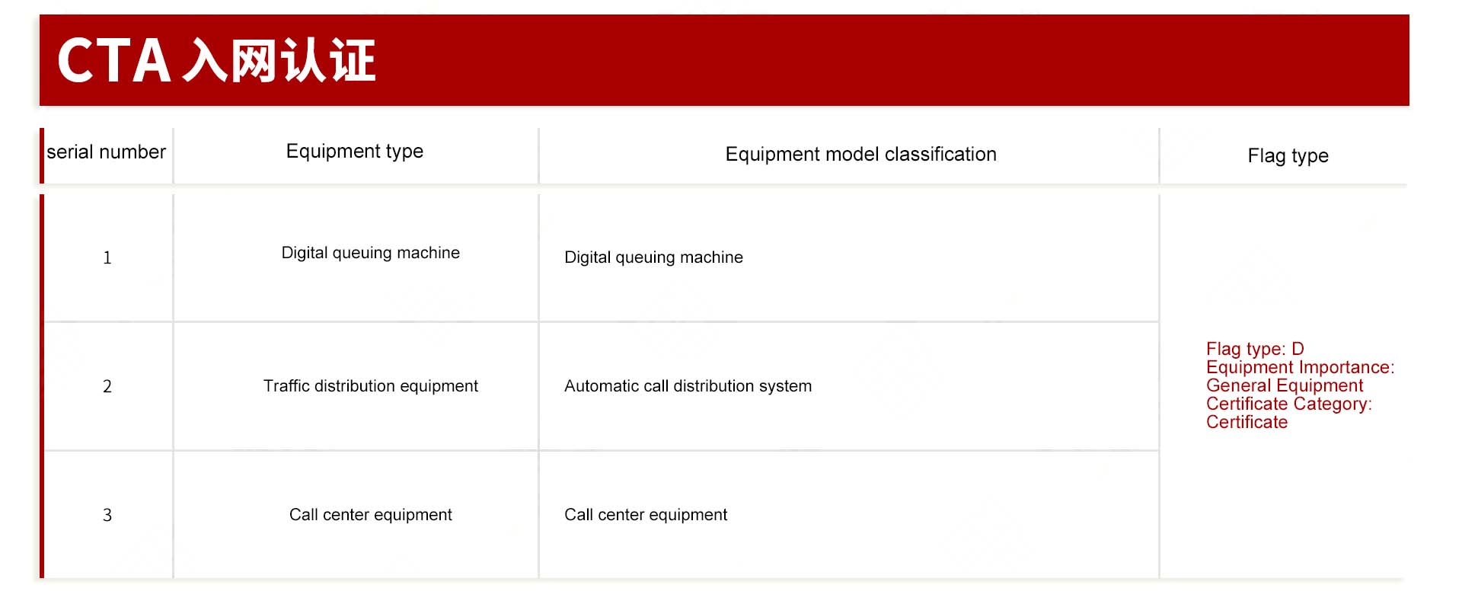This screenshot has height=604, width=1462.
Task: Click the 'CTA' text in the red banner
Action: (x=114, y=61)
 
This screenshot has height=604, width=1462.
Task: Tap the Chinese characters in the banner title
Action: (x=279, y=61)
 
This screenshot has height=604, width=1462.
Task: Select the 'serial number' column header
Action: (x=106, y=152)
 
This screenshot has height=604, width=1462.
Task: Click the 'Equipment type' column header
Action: (x=355, y=152)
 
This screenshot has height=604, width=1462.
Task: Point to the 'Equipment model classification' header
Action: (x=860, y=155)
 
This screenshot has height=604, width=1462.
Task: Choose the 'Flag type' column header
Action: (x=1288, y=156)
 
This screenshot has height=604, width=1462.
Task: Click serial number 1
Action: (x=107, y=258)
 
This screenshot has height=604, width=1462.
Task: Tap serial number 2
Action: (x=107, y=387)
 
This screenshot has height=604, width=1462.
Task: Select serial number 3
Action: (x=107, y=516)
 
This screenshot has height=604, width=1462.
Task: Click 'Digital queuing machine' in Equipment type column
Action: (x=371, y=253)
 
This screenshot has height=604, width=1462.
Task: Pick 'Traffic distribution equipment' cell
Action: (x=371, y=386)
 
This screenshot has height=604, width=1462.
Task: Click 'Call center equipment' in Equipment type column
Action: (x=371, y=515)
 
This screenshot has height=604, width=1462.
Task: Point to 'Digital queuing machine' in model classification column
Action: (x=653, y=257)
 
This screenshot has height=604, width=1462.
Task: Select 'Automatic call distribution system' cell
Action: (x=688, y=386)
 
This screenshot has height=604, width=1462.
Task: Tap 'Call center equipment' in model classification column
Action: (x=646, y=515)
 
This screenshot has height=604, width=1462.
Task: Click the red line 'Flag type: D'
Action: (x=1255, y=349)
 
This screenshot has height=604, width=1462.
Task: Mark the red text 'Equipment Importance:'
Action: (x=1301, y=367)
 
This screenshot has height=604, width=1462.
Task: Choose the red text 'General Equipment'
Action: (x=1285, y=385)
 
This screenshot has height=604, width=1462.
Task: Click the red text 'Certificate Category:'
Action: (x=1289, y=404)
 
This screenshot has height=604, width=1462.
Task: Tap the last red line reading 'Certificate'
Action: (x=1247, y=422)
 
